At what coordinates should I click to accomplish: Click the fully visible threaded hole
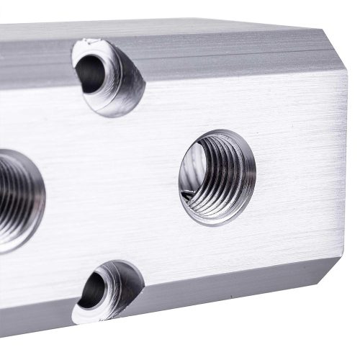(217, 177)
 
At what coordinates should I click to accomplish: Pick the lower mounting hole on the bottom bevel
(109, 291)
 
